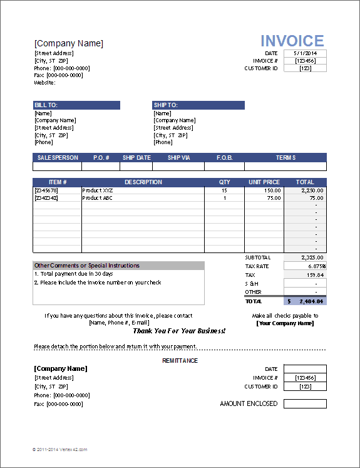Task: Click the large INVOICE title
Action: [x=292, y=41]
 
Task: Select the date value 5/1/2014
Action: [x=305, y=53]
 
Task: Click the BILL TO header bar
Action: [x=76, y=105]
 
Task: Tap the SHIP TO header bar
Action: [x=198, y=105]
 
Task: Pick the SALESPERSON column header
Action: [x=58, y=158]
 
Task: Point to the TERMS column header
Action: [x=285, y=158]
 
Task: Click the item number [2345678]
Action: [x=46, y=190]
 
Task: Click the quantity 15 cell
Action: [x=224, y=190]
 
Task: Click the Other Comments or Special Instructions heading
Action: [x=87, y=266]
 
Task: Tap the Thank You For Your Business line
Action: [x=179, y=331]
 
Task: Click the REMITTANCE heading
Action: [x=180, y=361]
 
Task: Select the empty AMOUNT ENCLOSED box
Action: [x=305, y=404]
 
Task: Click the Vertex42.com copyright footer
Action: [x=60, y=449]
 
